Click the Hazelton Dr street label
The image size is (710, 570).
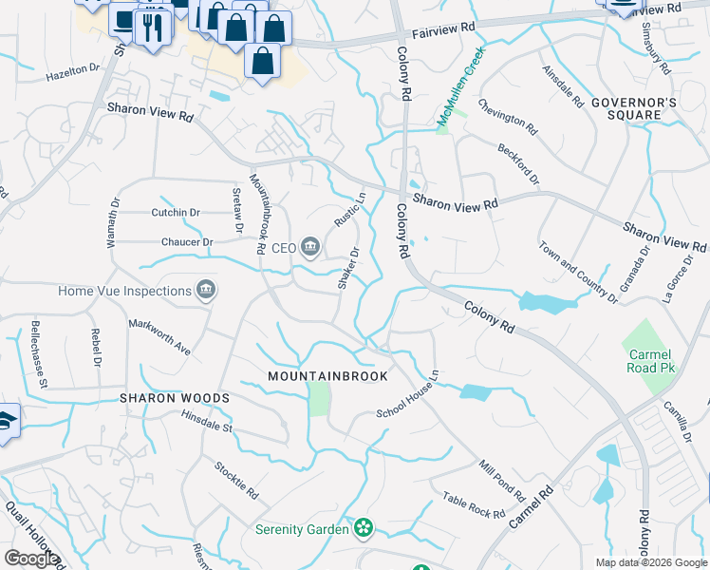tap(73, 69)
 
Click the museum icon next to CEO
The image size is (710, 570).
tap(310, 248)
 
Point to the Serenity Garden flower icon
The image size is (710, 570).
tap(362, 527)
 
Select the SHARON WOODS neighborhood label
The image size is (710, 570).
tap(175, 397)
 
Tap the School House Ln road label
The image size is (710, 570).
tap(407, 395)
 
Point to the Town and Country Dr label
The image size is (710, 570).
tap(578, 273)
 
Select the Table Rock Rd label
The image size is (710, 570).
tap(474, 506)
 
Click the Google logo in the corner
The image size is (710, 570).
tap(31, 559)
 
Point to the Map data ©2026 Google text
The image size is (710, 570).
tap(650, 562)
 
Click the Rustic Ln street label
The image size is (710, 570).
tap(349, 210)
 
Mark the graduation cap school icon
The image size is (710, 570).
tap(5, 423)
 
